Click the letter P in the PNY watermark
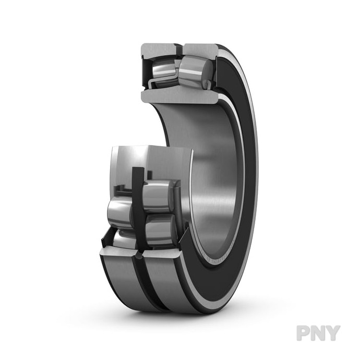(x=304, y=333)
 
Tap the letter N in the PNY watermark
(x=318, y=333)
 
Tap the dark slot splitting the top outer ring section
(x=181, y=49)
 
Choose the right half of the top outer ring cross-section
(x=201, y=50)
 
